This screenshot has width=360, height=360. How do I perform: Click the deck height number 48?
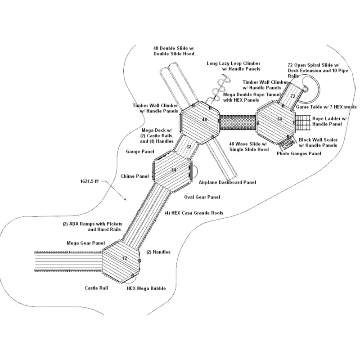[204, 119]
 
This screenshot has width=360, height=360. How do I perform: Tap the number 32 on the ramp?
[189, 147]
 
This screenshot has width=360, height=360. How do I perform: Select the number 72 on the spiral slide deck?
[293, 96]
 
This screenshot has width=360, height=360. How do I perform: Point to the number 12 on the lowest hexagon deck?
[125, 258]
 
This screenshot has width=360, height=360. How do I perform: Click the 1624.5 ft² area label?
[90, 181]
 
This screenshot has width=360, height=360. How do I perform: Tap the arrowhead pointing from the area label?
[125, 199]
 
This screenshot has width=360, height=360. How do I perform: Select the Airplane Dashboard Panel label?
[227, 182]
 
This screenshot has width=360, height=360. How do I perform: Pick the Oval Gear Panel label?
[202, 197]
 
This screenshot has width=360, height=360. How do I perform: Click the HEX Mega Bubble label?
[146, 288]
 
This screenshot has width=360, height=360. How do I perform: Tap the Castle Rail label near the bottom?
[96, 288]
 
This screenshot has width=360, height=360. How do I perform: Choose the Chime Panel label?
[135, 176]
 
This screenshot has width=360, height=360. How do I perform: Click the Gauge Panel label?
[140, 152]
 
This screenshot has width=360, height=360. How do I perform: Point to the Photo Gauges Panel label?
[299, 153]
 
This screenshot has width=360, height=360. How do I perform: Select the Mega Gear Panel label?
[86, 243]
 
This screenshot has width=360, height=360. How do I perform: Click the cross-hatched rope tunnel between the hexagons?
[238, 122]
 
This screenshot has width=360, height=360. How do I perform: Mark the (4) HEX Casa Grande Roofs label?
[194, 213]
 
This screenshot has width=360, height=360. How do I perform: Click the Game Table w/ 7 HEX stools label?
[326, 107]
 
